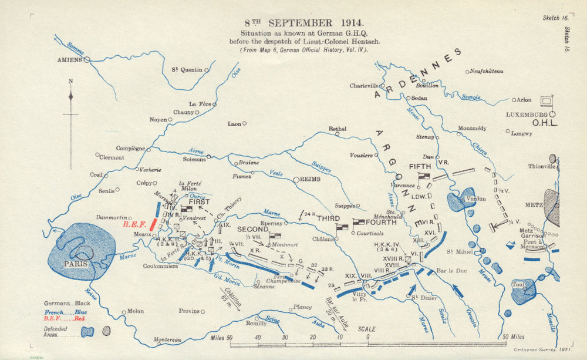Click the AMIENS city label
pyautogui.click(x=69, y=60)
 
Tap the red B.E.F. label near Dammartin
pyautogui.click(x=134, y=224)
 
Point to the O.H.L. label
pyautogui.click(x=544, y=123)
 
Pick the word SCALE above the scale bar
pyautogui.click(x=367, y=329)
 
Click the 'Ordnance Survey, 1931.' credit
pyautogui.click(x=549, y=349)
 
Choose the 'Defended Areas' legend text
pyautogui.click(x=55, y=332)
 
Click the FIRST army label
pyautogui.click(x=199, y=201)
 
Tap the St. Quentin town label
pyautogui.click(x=187, y=70)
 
